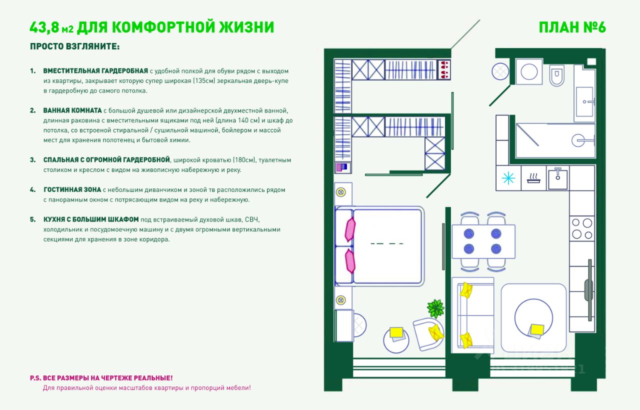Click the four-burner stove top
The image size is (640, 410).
(582, 228)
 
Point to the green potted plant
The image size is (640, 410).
(435, 308)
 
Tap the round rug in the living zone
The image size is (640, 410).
(533, 317)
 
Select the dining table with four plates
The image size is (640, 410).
(483, 241)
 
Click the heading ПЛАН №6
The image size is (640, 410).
(572, 27)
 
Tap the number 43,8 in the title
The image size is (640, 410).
(45, 27)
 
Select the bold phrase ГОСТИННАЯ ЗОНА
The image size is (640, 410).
(72, 190)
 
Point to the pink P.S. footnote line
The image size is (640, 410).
(101, 378)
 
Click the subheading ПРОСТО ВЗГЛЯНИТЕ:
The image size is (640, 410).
(75, 46)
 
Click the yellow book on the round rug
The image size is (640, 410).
(537, 329)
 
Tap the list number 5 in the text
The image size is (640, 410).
(33, 219)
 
